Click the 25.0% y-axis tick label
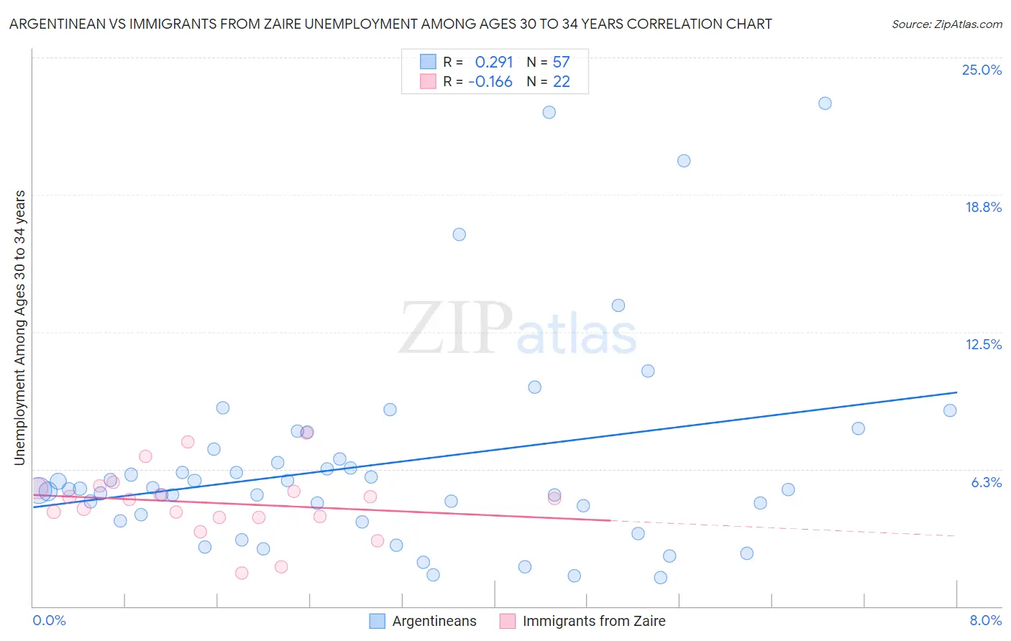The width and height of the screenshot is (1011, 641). pyautogui.click(x=982, y=70)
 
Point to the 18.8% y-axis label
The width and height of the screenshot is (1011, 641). pyautogui.click(x=983, y=207)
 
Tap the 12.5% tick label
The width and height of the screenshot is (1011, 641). pyautogui.click(x=983, y=344)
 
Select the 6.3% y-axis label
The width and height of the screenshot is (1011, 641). pyautogui.click(x=986, y=482)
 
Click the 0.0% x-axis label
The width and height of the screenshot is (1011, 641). pyautogui.click(x=49, y=620)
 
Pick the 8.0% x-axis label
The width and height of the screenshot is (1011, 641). pyautogui.click(x=985, y=620)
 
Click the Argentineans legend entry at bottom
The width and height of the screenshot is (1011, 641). pyautogui.click(x=434, y=621)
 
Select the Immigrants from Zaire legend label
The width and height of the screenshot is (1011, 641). pyautogui.click(x=593, y=621)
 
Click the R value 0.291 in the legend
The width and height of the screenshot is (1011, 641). pyautogui.click(x=493, y=63)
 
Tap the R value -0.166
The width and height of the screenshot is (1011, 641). pyautogui.click(x=490, y=82)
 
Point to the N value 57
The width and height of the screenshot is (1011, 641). pyautogui.click(x=561, y=63)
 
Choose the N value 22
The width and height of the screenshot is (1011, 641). pyautogui.click(x=561, y=82)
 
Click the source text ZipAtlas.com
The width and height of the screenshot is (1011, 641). pyautogui.click(x=946, y=24)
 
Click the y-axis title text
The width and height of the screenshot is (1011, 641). pyautogui.click(x=20, y=327)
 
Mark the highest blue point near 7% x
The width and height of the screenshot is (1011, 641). pyautogui.click(x=825, y=103)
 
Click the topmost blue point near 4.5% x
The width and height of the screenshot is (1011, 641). pyautogui.click(x=549, y=112)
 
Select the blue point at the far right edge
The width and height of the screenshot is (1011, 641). pyautogui.click(x=950, y=410)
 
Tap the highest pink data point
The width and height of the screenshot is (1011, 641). pyautogui.click(x=188, y=442)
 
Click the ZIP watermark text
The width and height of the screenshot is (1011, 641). pyautogui.click(x=455, y=328)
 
